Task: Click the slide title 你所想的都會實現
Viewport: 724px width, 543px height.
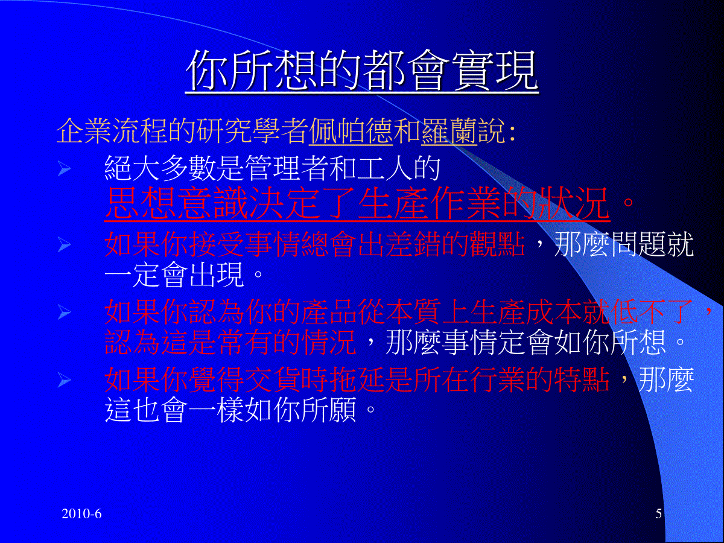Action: [361, 71]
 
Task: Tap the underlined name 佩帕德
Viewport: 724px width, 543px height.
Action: [351, 131]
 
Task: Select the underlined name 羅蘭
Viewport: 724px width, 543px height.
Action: [449, 131]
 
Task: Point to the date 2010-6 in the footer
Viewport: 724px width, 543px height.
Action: [81, 513]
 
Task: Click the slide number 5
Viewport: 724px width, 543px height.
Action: [658, 513]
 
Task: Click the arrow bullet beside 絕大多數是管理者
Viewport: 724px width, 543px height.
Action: [65, 169]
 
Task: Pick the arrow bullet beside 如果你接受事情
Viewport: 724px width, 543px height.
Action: [65, 245]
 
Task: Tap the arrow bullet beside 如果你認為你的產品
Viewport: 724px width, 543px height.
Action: [65, 312]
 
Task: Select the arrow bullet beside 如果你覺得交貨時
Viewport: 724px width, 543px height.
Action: [65, 380]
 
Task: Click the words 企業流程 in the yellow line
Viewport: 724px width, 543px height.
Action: [112, 131]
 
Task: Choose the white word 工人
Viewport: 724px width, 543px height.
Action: [385, 168]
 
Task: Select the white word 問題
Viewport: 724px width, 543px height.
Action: [638, 244]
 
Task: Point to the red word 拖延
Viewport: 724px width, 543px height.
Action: [358, 380]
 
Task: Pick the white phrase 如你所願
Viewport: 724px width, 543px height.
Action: [301, 410]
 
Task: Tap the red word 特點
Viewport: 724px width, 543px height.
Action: [582, 380]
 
